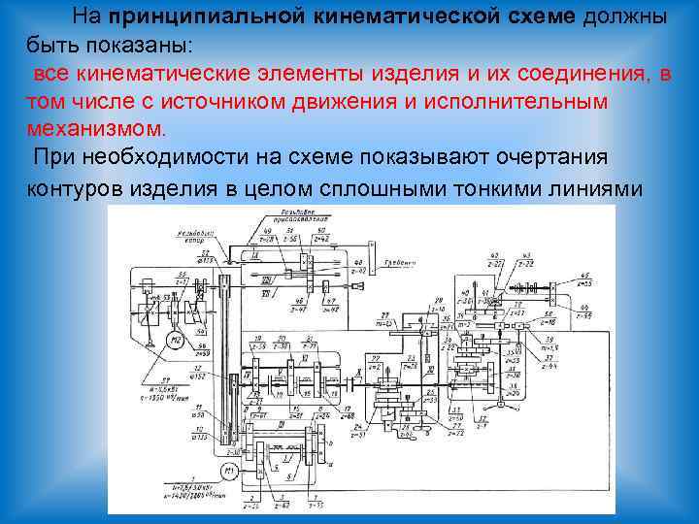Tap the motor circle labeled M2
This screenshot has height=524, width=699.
click(175, 340)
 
